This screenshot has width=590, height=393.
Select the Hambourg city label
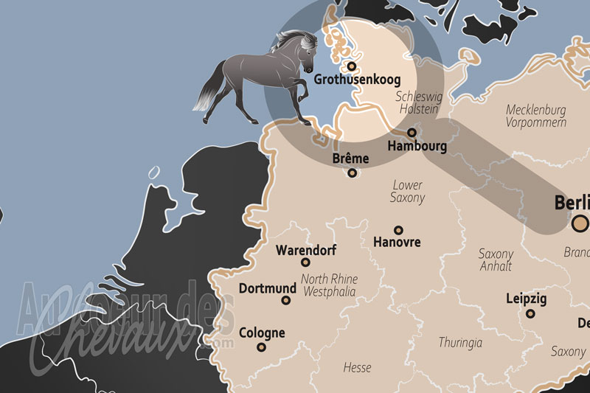[x=417, y=146]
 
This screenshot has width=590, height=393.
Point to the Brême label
[x=350, y=159]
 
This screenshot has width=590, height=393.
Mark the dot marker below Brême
[x=353, y=173]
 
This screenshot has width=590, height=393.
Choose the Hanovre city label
[x=397, y=243]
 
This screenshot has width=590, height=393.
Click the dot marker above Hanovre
[x=398, y=230]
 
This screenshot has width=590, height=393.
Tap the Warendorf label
[x=306, y=250]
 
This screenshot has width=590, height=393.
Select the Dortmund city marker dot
[x=290, y=300]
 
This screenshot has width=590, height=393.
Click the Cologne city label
[x=262, y=333]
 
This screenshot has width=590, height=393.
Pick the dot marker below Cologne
[x=261, y=347]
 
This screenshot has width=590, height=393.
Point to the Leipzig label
[x=527, y=299]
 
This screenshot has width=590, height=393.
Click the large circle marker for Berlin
[x=581, y=223]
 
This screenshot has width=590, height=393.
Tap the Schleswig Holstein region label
[x=417, y=102]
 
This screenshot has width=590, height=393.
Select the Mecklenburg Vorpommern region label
[x=535, y=116]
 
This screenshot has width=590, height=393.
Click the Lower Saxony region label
[x=408, y=192]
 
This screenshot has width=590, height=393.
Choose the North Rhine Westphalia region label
[x=329, y=285]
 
